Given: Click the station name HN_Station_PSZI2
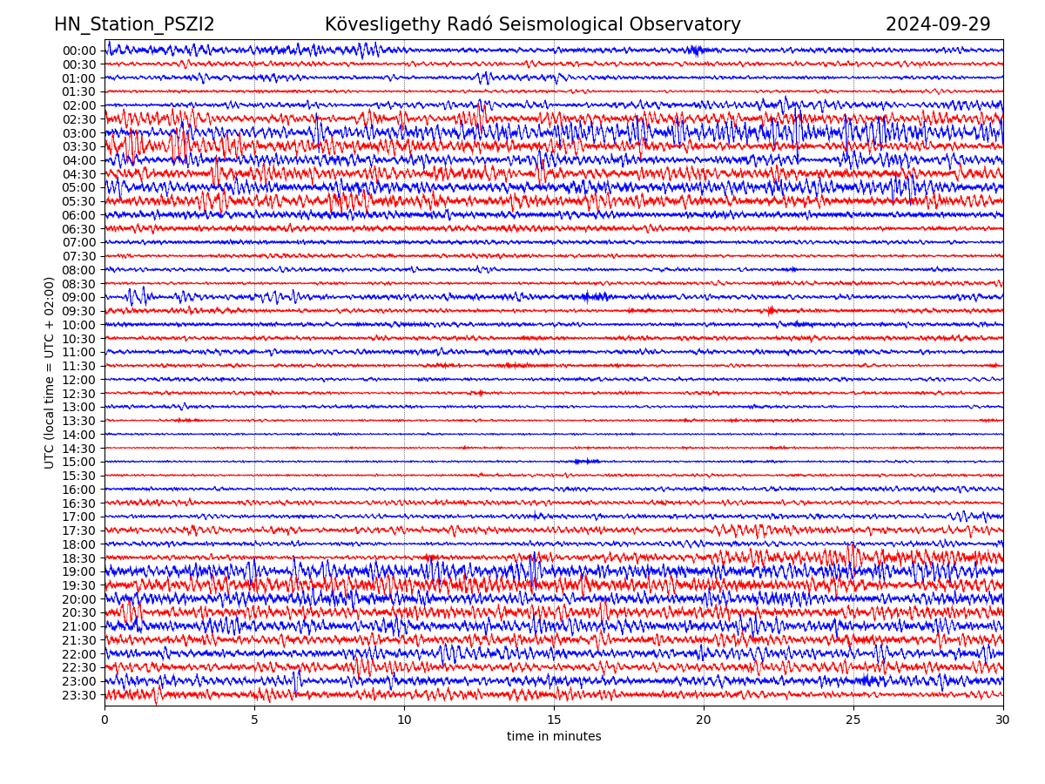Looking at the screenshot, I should [134, 25].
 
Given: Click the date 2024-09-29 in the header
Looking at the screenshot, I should [938, 25].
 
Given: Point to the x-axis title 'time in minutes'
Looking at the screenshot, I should [554, 737].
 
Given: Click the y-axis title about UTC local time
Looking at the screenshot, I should [50, 373].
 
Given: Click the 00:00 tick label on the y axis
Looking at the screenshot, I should [79, 51].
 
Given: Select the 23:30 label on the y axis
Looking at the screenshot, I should [79, 695].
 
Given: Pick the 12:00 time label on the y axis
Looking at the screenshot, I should [79, 380].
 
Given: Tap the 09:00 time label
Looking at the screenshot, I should [79, 297].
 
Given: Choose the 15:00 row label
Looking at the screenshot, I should [79, 462].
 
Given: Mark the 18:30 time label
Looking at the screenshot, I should [79, 558].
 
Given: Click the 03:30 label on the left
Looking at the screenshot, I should [79, 146].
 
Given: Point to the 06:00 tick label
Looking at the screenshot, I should [79, 215].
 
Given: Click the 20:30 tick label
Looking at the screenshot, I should [79, 613].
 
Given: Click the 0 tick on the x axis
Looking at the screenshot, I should [104, 720].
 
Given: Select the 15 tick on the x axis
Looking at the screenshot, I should [554, 720].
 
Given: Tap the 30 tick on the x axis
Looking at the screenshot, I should [1003, 720].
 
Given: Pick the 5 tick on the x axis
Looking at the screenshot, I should [254, 720].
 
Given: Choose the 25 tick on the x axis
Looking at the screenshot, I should [853, 720].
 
